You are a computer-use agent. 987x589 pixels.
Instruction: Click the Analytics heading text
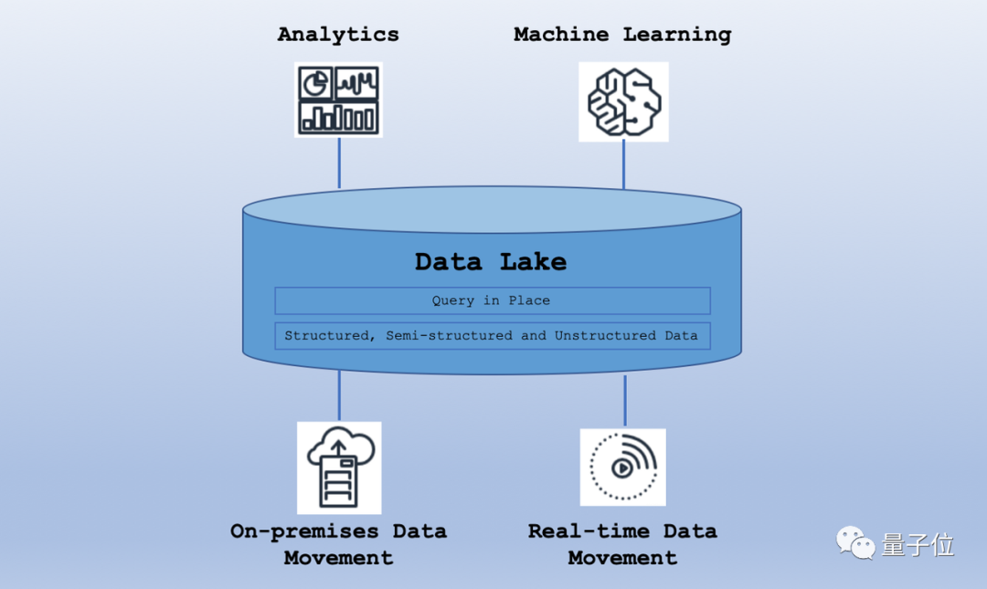338,35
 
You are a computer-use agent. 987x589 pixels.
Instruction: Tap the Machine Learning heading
622,35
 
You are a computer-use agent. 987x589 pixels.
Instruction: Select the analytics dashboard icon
338,100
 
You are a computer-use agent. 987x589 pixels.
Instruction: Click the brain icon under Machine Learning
623,101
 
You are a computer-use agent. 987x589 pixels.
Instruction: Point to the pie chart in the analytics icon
316,84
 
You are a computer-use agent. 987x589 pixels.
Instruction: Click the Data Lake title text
491,262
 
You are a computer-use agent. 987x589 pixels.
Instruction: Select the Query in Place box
492,300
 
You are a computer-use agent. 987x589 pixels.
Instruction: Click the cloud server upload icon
339,468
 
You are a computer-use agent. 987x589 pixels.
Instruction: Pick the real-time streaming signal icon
622,467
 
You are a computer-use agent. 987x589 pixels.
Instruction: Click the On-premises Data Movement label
338,544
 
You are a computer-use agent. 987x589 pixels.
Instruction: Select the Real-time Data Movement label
622,544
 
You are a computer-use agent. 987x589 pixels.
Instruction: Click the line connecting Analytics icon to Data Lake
339,163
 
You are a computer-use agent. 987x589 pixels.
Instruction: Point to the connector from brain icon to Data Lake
624,164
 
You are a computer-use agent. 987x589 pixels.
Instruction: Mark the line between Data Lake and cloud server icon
339,395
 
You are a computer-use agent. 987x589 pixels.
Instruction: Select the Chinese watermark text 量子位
918,545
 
